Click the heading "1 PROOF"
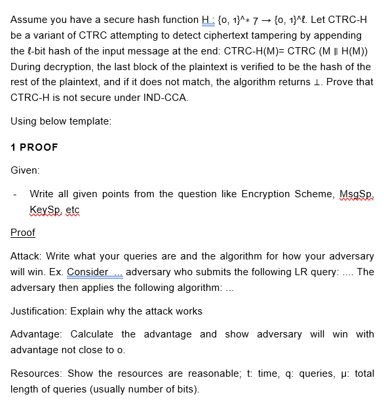coord(34,147)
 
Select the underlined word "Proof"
coord(23,232)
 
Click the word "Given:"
coord(26,170)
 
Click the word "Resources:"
coord(37,373)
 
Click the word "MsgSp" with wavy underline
coord(355,194)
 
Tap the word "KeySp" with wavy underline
coord(45,209)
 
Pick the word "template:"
coord(88,121)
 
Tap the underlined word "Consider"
coord(88,271)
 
